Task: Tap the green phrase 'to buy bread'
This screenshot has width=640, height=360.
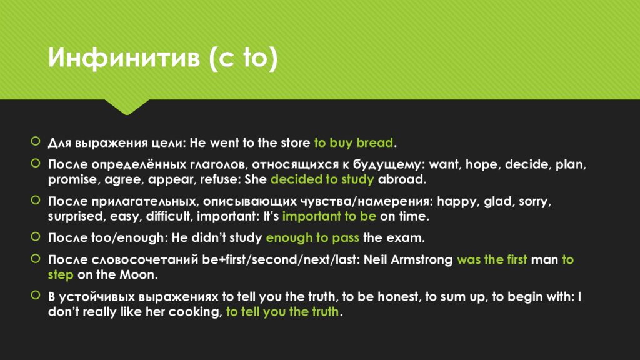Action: (354, 142)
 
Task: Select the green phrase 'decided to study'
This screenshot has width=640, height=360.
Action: (322, 179)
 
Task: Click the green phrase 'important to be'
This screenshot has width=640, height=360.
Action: (329, 216)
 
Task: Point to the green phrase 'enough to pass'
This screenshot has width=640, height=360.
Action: (312, 237)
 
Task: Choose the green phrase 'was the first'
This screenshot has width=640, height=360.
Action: (492, 259)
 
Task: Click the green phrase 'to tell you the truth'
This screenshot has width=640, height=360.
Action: (282, 312)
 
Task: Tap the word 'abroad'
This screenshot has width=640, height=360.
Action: (401, 179)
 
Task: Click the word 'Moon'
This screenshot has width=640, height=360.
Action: (144, 274)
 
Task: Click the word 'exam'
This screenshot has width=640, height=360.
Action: (409, 237)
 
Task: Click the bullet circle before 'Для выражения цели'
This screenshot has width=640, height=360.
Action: (36, 142)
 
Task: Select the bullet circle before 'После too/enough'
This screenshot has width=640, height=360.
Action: (36, 237)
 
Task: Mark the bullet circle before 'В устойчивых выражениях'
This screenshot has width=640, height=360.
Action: (36, 296)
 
